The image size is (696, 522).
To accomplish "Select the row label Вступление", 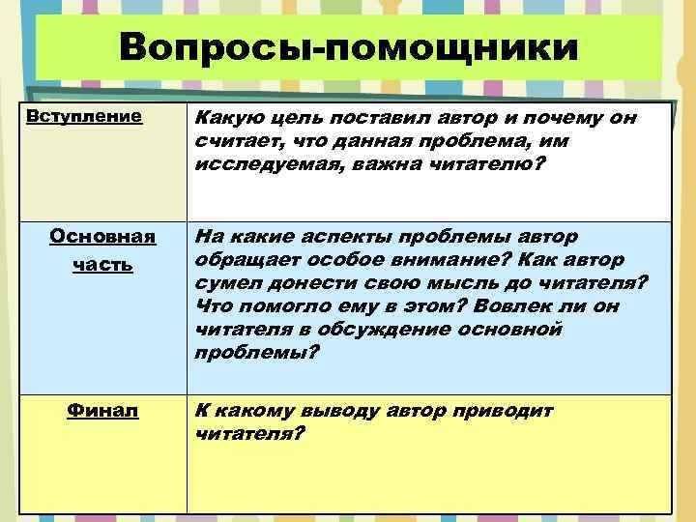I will (82, 116).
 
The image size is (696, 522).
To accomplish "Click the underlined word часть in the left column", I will (102, 263).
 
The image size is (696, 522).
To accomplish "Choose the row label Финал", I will (102, 410).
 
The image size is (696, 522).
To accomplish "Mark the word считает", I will (232, 142).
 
